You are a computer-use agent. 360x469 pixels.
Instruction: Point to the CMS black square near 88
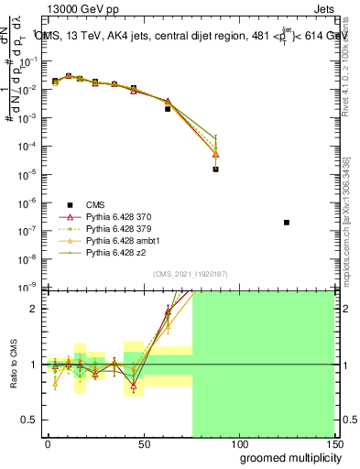click(x=215, y=169)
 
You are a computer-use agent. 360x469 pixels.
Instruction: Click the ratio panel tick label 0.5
click(x=28, y=420)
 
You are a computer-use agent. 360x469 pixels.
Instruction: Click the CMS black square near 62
click(x=168, y=109)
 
